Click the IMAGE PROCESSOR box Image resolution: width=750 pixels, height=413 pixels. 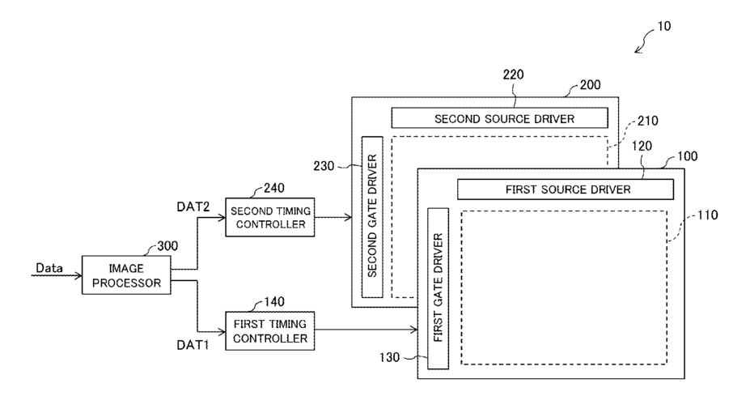(x=126, y=275)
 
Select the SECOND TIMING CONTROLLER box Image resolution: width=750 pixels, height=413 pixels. (x=270, y=217)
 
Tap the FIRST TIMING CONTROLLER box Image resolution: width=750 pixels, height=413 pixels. (x=270, y=330)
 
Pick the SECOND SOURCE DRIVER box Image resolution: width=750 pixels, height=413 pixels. (x=500, y=118)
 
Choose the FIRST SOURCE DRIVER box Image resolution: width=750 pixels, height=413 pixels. (x=566, y=189)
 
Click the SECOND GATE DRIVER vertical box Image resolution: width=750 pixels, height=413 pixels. (x=372, y=217)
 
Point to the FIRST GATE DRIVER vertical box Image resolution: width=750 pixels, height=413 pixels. (x=439, y=288)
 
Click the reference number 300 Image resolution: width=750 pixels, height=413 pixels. (x=167, y=246)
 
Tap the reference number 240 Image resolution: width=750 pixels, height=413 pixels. (x=274, y=188)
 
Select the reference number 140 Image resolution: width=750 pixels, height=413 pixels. (x=274, y=301)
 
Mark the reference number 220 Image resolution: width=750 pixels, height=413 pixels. (x=513, y=75)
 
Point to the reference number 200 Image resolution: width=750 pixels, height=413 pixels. (x=591, y=85)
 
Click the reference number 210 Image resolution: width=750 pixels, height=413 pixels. (x=647, y=121)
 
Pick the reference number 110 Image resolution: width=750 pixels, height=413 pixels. (x=707, y=215)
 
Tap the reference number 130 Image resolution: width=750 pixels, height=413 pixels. (x=389, y=357)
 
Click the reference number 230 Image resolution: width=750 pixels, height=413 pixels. (x=324, y=166)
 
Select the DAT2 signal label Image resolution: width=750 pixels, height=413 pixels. (x=193, y=206)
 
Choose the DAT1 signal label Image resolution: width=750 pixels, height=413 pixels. (x=193, y=345)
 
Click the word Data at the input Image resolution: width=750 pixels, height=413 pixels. (x=49, y=268)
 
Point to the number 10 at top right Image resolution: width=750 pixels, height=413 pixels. (x=664, y=27)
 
